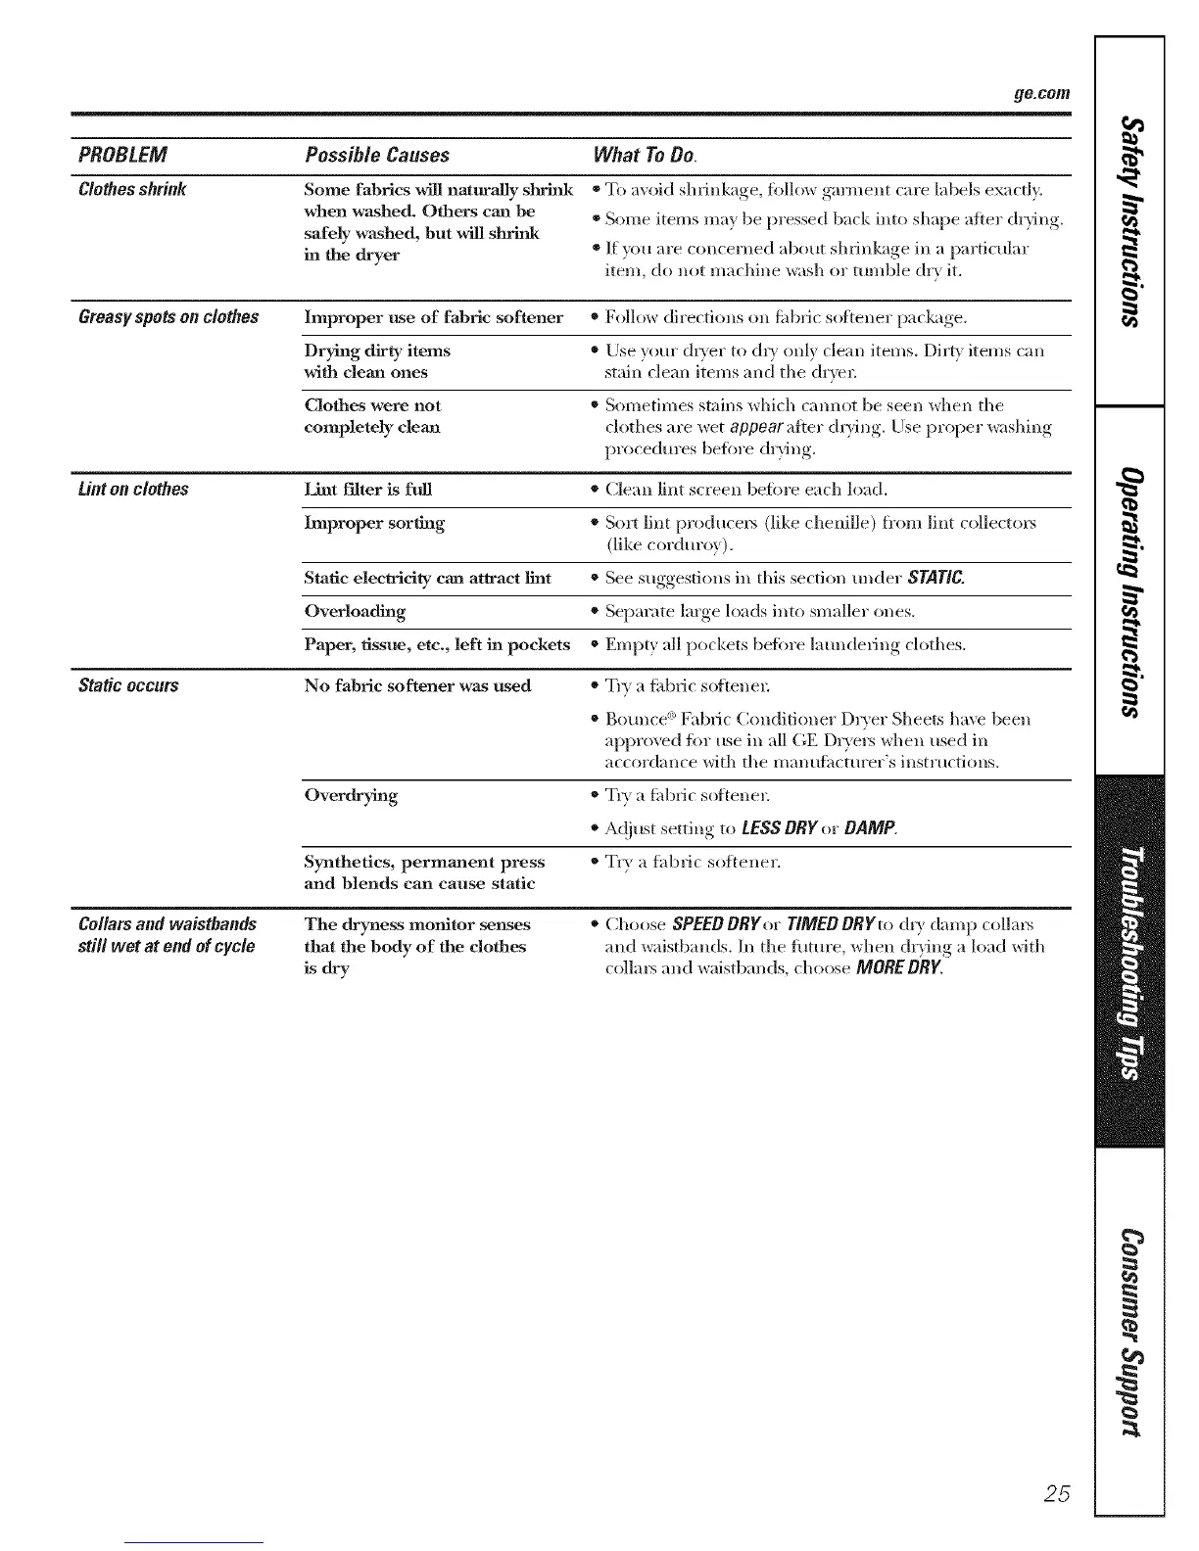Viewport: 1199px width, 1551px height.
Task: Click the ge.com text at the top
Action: (1041, 95)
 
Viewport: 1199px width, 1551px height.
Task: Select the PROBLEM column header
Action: (122, 155)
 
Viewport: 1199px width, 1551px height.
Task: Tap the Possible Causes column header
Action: (377, 155)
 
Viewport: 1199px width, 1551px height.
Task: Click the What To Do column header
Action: (644, 155)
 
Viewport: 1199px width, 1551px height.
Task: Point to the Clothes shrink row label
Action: (132, 189)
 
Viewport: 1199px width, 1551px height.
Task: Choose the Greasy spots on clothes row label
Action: (168, 317)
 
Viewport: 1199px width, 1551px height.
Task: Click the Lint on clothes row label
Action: (133, 489)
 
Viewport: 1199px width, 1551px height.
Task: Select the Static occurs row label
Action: (128, 685)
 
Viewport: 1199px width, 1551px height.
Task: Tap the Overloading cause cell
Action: (355, 611)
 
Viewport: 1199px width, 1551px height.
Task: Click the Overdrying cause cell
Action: (351, 795)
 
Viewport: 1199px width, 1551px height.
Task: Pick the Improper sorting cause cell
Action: (374, 523)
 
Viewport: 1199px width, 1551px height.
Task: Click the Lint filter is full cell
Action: (367, 489)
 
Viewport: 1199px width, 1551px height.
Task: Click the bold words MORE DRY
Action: (898, 968)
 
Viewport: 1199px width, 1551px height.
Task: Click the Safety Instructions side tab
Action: (1131, 220)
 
